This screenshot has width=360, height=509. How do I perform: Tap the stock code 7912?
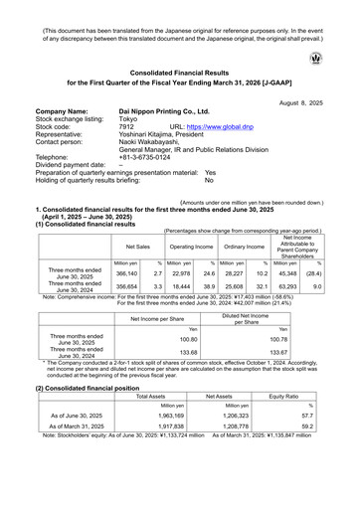pos(126,127)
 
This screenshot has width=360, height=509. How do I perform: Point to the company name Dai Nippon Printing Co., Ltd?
pos(164,112)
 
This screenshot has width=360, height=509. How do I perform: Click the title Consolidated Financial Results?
pos(179,74)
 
